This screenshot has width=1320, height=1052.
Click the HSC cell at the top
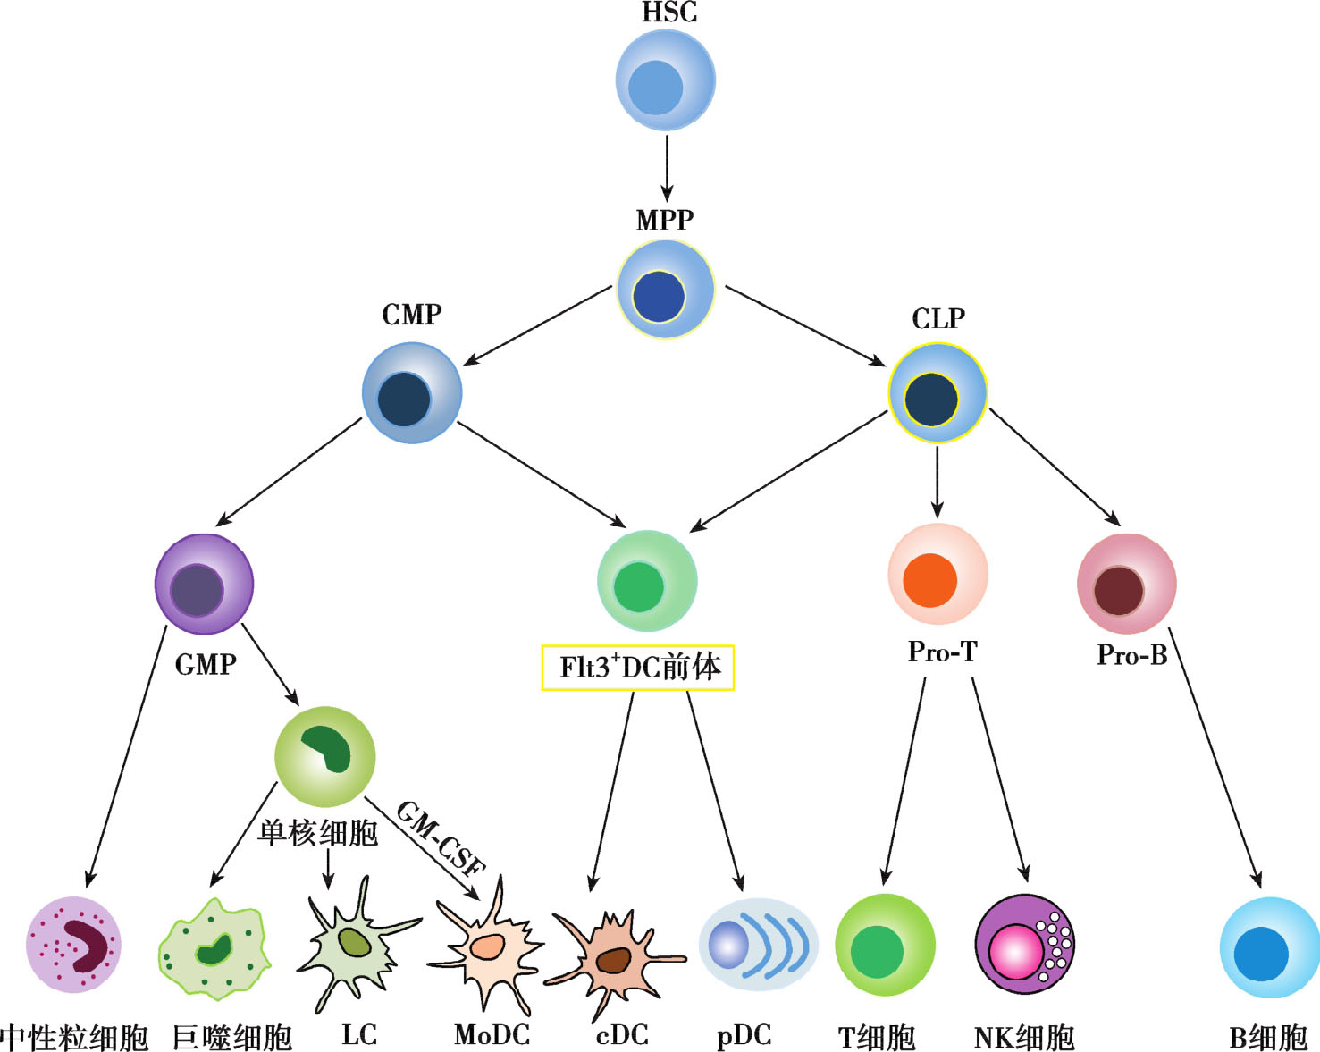[665, 80]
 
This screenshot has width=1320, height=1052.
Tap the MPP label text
[665, 220]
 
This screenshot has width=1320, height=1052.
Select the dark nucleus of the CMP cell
[404, 399]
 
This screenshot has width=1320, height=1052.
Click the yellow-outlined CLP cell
[937, 393]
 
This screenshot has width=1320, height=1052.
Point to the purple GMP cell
[204, 585]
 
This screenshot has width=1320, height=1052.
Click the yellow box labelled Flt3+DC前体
[638, 668]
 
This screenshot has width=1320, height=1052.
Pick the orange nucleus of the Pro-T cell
[929, 580]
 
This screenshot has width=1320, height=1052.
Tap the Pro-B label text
[1132, 655]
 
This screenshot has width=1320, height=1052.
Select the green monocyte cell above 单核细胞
[324, 756]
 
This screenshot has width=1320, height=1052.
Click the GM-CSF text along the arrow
[441, 837]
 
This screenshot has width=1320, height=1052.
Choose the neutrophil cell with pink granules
[73, 945]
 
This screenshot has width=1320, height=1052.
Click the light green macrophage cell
[214, 949]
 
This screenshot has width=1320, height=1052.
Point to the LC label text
[359, 1034]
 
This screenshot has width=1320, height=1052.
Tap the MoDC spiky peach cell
[487, 947]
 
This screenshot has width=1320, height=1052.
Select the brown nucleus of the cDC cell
[614, 960]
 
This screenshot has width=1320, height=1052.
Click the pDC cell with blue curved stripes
[758, 945]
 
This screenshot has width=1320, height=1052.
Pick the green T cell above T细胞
[885, 945]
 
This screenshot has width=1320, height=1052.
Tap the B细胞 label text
[1268, 1038]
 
